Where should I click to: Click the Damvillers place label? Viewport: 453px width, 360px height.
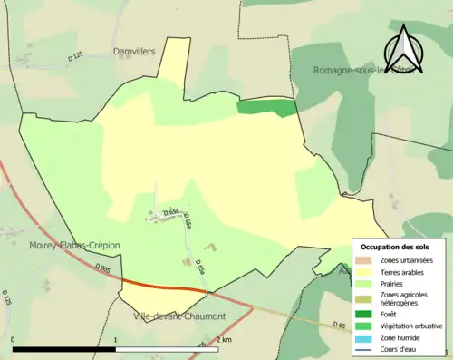(136, 53)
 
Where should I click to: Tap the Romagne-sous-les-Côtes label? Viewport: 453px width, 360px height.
(361, 70)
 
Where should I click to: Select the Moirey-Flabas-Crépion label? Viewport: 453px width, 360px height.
(74, 245)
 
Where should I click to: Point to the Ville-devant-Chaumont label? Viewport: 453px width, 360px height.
(179, 316)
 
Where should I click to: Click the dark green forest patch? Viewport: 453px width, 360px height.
(267, 108)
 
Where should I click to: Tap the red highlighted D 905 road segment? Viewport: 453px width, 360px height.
(163, 286)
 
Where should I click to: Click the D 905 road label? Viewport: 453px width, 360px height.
(101, 268)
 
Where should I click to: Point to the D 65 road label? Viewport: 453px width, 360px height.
(339, 324)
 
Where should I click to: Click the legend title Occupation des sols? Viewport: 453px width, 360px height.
(395, 247)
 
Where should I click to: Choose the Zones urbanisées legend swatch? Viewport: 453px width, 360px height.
(364, 260)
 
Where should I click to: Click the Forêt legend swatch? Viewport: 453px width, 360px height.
(364, 314)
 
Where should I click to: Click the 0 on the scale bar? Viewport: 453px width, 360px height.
(14, 339)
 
